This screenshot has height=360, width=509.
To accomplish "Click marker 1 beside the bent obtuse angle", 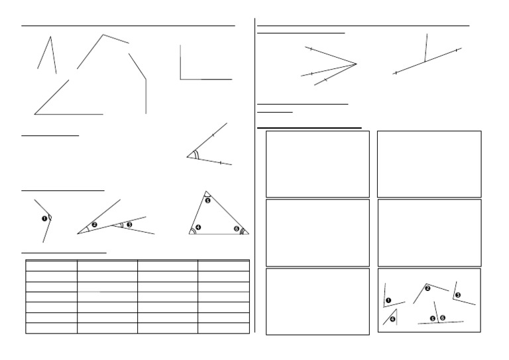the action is [44, 217].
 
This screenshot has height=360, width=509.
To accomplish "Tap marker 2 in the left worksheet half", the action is [94, 225].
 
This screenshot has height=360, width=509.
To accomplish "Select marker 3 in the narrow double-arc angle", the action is [129, 225].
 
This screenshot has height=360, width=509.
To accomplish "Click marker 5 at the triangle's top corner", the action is [207, 200].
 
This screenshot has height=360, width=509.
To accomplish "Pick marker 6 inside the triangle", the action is [237, 229].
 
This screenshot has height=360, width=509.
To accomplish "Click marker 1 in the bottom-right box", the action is [388, 300].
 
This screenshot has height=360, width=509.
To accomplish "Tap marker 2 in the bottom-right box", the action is [427, 288].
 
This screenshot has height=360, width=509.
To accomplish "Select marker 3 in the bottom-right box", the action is [457, 294].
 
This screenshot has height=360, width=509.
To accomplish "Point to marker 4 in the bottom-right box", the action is [393, 319].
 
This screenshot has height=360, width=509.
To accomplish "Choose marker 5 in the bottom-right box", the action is [433, 318].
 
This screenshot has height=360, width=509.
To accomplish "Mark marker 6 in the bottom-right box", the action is [442, 318].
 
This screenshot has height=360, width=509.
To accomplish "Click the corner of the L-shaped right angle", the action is [180, 79].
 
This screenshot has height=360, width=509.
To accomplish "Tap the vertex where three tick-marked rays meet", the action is [357, 64].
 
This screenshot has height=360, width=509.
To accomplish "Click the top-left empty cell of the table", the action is [51, 265].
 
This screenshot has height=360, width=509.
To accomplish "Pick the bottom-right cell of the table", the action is [223, 328].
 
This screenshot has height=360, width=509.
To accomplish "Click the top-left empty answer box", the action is [317, 164].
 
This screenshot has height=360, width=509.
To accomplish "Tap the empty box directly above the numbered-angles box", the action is [429, 232].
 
